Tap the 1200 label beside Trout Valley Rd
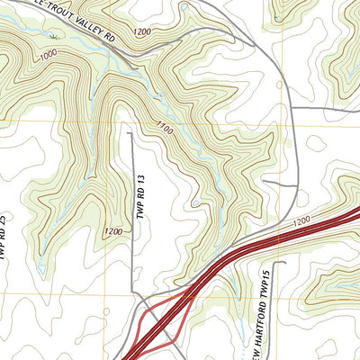coord(140,32)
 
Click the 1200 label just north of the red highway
coord(300,220)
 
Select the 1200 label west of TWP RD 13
coord(113,231)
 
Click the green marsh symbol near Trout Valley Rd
coord(53,37)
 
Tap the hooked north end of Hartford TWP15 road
coord(281,263)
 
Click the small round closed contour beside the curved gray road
coord(315,142)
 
